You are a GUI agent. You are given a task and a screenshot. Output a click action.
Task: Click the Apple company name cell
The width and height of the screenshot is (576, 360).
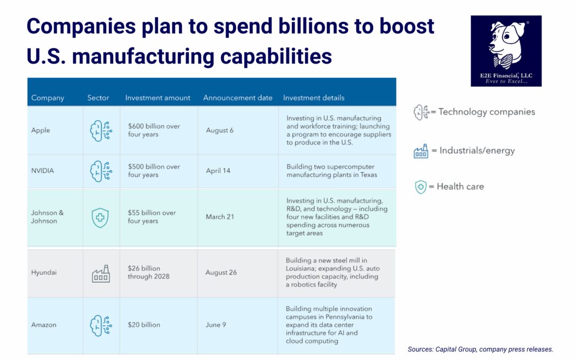point(41,131)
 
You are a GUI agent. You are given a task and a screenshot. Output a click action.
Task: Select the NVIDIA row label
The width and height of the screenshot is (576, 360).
point(43,171)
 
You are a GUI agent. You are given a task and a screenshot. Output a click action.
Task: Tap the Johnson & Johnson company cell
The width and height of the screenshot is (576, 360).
point(47,217)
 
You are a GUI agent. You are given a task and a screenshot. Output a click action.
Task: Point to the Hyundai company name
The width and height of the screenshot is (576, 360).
point(44,273)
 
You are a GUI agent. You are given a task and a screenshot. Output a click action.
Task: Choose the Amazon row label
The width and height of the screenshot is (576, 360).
point(44,325)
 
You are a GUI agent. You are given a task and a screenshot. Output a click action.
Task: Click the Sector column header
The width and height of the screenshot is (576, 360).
point(98,98)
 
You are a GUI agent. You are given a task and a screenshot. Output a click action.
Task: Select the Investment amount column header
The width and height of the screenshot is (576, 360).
point(157,98)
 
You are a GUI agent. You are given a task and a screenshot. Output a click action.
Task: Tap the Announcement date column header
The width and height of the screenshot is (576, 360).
point(238,98)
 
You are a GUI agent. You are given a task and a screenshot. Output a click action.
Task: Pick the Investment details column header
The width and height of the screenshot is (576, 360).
point(314,98)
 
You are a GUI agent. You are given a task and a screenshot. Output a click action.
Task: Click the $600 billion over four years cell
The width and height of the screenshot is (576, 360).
point(154,131)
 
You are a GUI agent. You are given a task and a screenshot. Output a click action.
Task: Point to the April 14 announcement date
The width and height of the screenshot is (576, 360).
point(218,171)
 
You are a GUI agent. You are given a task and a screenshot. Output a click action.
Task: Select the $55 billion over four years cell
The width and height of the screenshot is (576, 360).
point(151,217)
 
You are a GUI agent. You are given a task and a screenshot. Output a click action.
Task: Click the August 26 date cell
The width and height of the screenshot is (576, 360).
point(221,273)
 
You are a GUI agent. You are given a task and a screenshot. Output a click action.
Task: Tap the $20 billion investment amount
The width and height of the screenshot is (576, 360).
point(144,325)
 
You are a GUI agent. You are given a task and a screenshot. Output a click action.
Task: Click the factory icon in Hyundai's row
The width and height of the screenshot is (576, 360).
point(101,273)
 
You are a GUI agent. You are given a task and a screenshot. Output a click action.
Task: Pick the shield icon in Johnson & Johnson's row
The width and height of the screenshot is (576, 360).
point(100,218)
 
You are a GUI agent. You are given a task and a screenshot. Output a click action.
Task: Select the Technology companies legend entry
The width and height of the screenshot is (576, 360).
point(474,112)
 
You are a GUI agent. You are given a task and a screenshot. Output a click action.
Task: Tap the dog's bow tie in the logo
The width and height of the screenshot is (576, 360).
point(505,61)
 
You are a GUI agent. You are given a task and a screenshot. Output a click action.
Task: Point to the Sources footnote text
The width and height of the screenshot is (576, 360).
point(480,349)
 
